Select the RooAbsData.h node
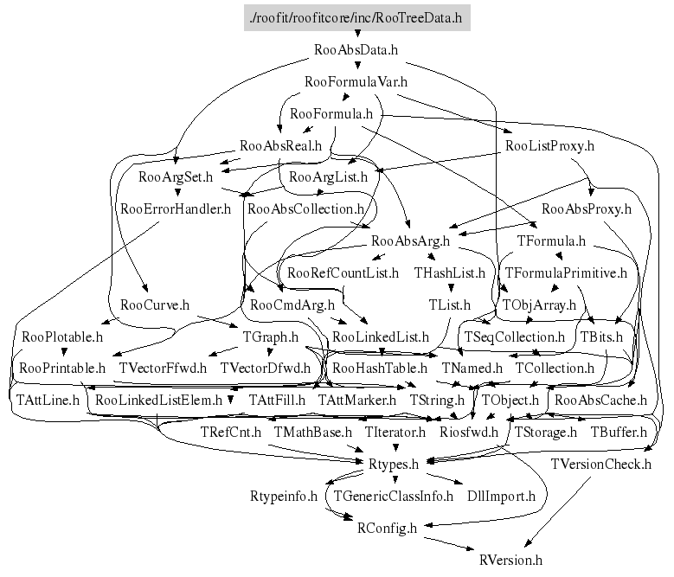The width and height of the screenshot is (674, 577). tap(356, 49)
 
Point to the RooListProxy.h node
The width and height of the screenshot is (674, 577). tap(549, 145)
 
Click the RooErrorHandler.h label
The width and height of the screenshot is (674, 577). tap(176, 208)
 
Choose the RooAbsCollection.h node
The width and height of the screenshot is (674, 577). tap(305, 208)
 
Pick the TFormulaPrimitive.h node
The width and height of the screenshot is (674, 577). tap(565, 272)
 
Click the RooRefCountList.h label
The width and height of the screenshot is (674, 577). tap(343, 272)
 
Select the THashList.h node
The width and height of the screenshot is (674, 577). tap(450, 272)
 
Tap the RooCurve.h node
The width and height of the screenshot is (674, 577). tap(155, 305)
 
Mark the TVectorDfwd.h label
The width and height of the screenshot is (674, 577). tap(265, 368)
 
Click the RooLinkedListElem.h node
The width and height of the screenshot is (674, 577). tap(159, 400)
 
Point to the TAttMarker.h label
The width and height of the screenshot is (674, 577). tap(356, 400)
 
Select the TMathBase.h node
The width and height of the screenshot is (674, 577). tap(312, 431)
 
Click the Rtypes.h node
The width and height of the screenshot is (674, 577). tap(394, 464)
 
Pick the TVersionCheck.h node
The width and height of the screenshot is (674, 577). tap(600, 464)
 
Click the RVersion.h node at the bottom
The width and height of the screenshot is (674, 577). tap(504, 560)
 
